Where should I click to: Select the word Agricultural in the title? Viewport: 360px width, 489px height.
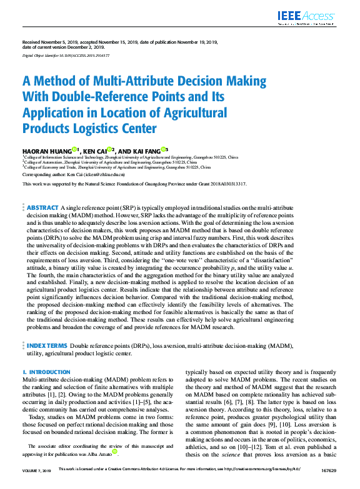pyautogui.click(x=175, y=113)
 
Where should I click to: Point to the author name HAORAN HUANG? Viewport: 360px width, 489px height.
pyautogui.click(x=47, y=151)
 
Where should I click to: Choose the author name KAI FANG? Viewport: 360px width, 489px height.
pyautogui.click(x=145, y=151)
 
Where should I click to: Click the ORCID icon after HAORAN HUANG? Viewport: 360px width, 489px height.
pyautogui.click(x=74, y=149)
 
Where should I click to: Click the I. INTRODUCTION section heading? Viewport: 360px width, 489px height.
pyautogui.click(x=46, y=372)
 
